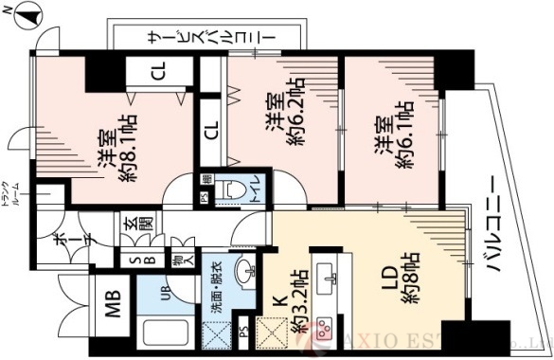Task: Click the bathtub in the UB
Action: [162, 334]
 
